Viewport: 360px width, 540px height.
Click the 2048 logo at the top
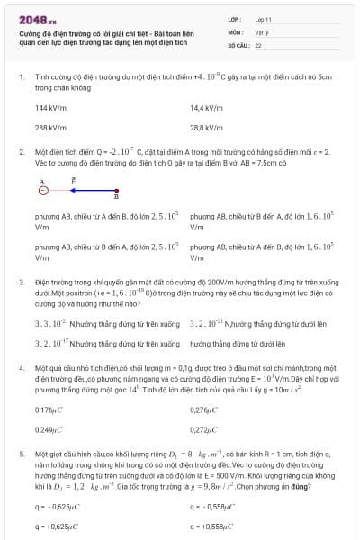click(37, 19)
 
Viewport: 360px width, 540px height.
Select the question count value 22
click(258, 44)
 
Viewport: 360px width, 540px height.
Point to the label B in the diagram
click(116, 197)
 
